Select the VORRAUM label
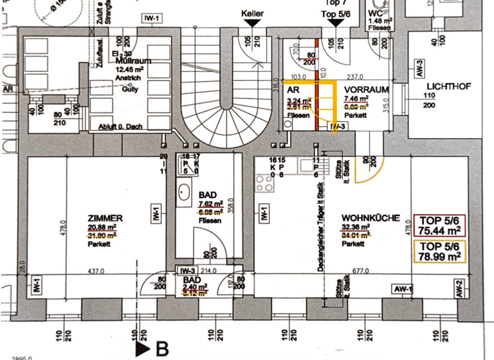(365, 90)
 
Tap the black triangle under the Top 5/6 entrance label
(336, 22)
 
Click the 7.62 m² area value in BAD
(210, 204)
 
